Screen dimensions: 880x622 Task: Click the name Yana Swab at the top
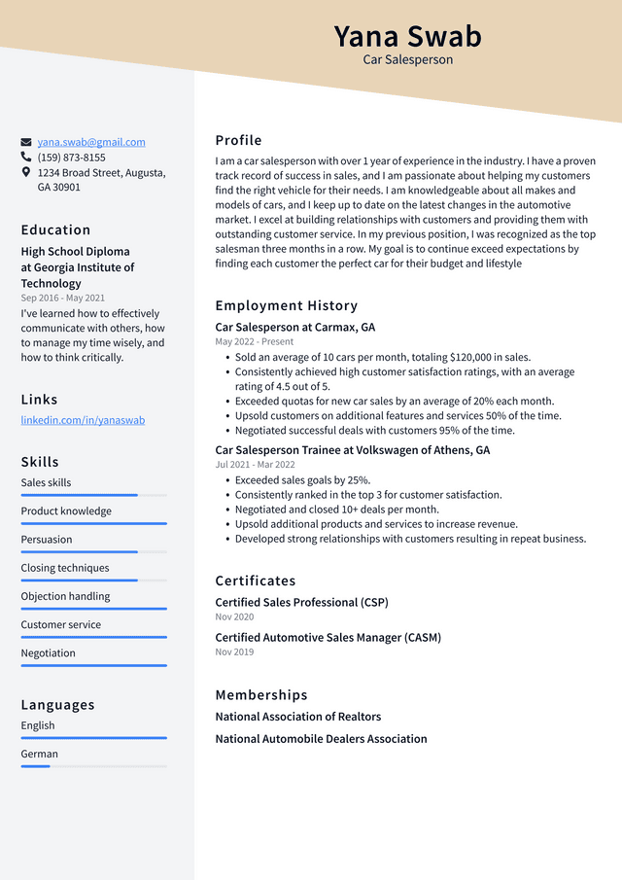407,36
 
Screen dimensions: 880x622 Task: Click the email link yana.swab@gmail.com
91,142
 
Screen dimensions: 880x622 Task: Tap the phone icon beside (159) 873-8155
26,157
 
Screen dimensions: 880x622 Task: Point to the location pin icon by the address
26,172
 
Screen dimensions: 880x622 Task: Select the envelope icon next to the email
26,142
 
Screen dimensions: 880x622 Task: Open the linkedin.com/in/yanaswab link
83,420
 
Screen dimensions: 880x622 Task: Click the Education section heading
55,230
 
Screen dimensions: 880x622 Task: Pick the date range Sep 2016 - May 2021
63,299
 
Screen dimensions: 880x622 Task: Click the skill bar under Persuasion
93,551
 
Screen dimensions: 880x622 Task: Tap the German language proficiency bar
93,766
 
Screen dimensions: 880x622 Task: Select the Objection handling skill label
65,596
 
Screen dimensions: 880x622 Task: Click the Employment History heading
286,305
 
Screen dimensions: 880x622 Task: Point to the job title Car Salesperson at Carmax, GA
294,328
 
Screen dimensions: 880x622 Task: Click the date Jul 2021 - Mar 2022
254,465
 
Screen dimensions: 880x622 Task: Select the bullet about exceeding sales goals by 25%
302,479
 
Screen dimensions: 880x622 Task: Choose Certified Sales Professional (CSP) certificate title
301,603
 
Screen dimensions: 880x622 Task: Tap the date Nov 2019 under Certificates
234,651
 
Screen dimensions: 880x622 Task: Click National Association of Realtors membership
297,717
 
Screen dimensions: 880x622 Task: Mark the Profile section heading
238,140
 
